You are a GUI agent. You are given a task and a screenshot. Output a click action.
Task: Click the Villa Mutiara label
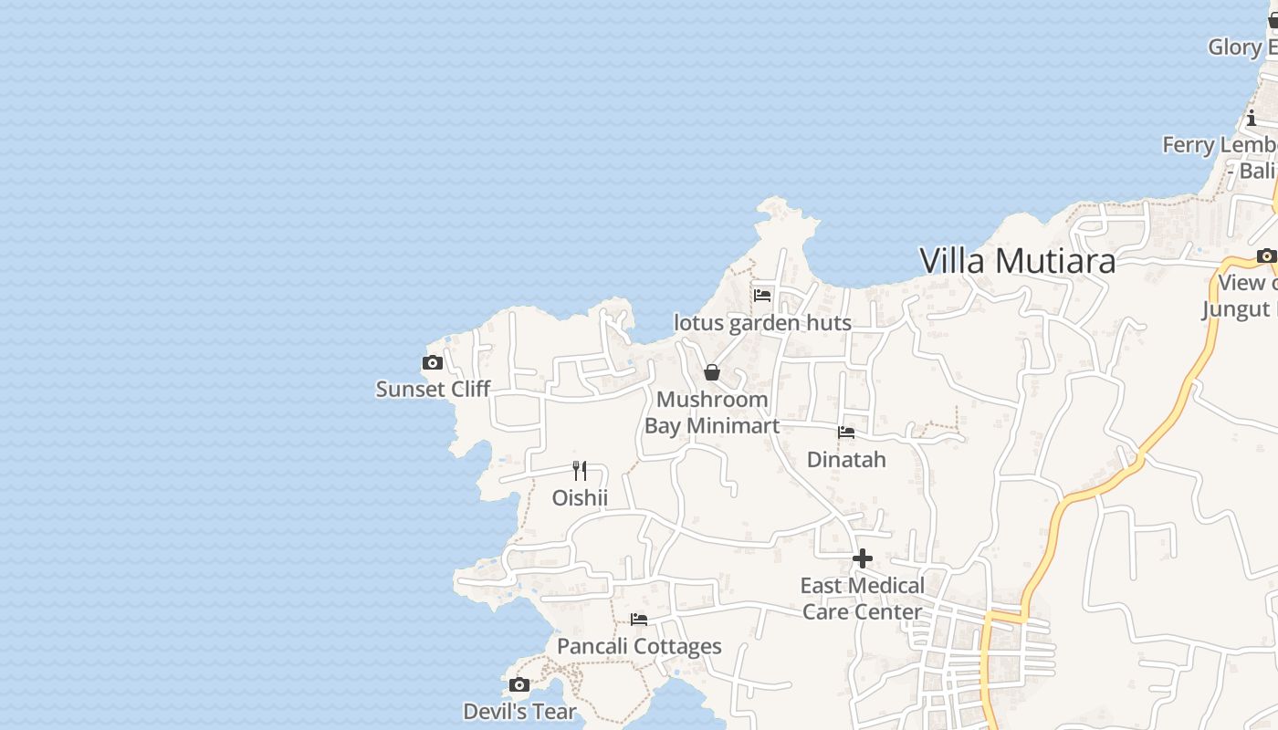tap(1017, 261)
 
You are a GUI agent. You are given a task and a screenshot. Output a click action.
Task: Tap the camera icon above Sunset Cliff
tap(433, 363)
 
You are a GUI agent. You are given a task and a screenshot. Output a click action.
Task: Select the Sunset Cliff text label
tap(433, 390)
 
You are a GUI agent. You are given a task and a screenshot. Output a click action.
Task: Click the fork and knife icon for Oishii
tap(580, 471)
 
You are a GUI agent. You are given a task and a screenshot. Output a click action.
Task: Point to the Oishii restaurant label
tap(580, 497)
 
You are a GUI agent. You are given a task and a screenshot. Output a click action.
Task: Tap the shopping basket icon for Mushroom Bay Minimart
tap(712, 372)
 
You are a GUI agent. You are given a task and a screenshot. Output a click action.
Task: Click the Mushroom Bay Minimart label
tap(712, 412)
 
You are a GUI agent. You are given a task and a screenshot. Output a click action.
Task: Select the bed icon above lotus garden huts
tap(762, 296)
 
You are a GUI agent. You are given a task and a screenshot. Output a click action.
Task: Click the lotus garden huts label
tap(762, 322)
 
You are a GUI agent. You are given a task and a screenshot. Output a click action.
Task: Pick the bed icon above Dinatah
tap(846, 433)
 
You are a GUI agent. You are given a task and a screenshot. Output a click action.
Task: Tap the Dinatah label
tap(846, 459)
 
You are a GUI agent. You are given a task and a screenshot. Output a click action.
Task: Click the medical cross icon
tap(863, 558)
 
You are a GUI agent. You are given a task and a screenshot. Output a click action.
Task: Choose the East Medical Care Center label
tap(863, 599)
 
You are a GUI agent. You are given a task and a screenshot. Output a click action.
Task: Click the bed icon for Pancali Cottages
tap(639, 620)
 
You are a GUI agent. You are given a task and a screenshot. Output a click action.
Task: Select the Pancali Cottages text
tap(639, 647)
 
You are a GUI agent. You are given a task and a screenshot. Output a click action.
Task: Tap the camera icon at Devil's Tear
tap(519, 685)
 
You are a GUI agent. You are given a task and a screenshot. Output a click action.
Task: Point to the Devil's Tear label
tap(519, 712)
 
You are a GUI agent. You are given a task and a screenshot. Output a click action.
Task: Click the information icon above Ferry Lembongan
tap(1252, 118)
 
